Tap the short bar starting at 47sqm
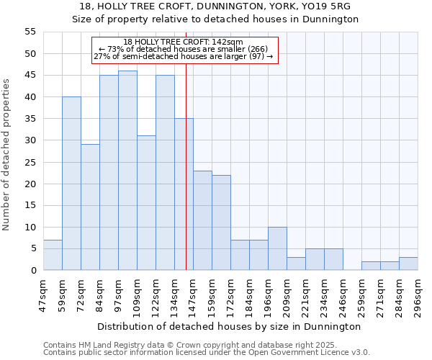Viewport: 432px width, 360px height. (53, 255)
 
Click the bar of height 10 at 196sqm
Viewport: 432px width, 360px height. (277, 248)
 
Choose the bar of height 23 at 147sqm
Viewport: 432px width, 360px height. (202, 220)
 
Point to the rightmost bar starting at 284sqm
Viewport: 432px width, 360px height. (408, 264)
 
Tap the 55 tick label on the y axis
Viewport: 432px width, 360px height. (30, 32)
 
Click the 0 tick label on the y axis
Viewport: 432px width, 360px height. (33, 271)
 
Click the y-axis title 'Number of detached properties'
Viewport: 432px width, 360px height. (6, 155)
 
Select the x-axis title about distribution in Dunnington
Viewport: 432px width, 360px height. (229, 326)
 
